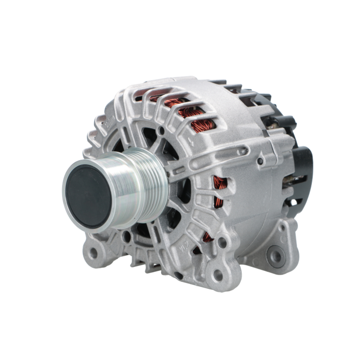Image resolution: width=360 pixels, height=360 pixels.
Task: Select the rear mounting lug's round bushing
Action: (x=276, y=256)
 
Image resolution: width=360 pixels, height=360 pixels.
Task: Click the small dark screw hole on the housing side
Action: (x=260, y=161)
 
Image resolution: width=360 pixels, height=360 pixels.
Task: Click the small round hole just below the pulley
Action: (x=126, y=237)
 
